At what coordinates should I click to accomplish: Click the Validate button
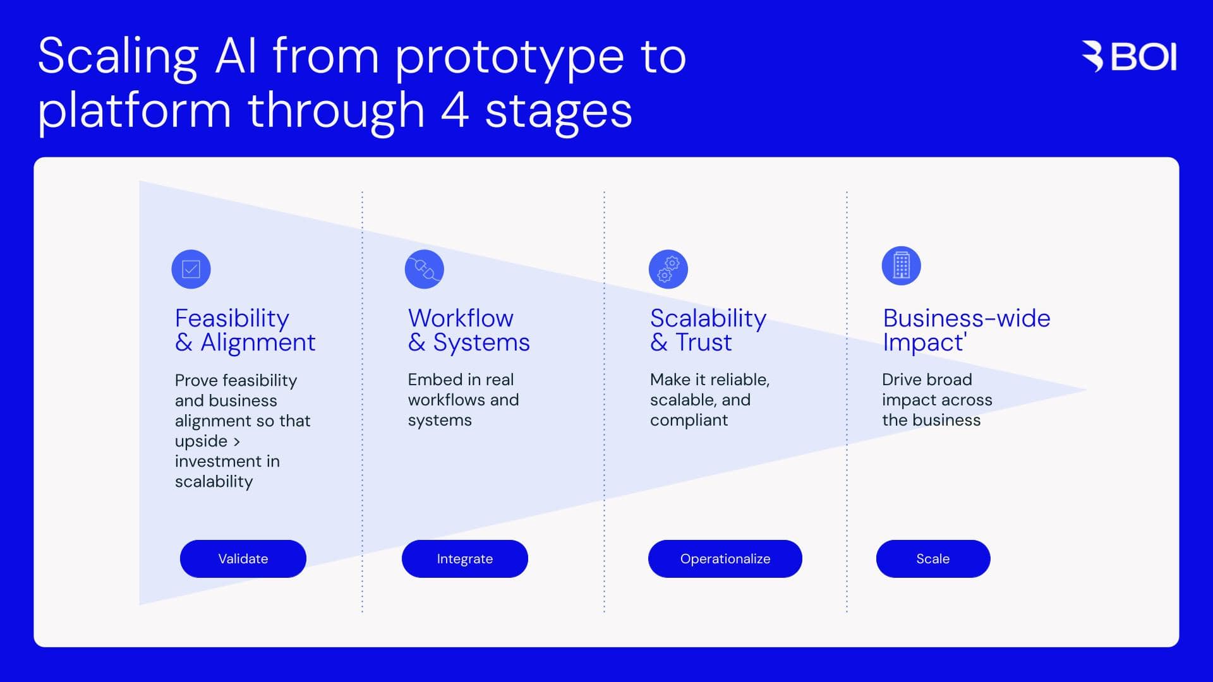243,559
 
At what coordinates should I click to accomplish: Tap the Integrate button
464,559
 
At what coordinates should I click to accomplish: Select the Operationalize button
725,559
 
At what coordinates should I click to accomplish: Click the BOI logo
1129,57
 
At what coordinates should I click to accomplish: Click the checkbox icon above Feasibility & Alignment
191,269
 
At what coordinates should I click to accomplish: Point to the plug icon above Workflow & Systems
424,269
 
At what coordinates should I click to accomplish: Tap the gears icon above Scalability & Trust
668,269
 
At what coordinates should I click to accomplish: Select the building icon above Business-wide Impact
901,265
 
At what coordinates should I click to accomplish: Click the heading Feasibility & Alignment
244,330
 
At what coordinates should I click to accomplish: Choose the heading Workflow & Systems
468,330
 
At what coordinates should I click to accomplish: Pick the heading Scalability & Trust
708,330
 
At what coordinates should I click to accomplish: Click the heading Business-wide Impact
966,330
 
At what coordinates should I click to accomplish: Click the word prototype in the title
509,58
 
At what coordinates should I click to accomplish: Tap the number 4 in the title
454,111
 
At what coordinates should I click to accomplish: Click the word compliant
689,421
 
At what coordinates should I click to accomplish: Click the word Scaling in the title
118,58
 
